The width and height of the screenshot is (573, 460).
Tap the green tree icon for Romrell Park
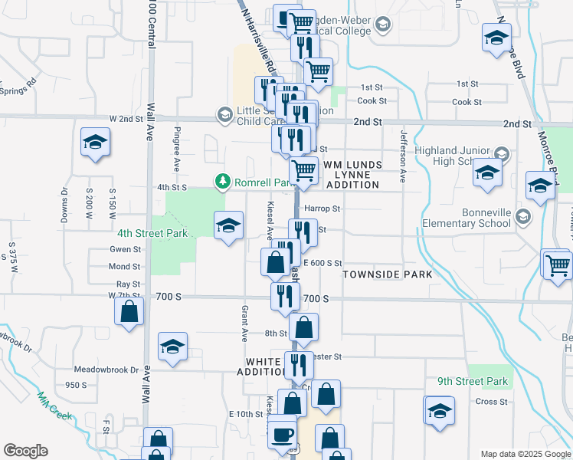[223, 181]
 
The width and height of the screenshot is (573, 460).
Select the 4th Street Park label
[152, 232]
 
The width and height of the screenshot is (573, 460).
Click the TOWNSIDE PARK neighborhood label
[388, 274]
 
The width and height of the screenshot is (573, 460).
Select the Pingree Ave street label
[176, 148]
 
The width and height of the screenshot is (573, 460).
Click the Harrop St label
[322, 208]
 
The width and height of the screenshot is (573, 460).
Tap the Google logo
[25, 451]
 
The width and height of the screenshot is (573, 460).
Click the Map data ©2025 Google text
[525, 454]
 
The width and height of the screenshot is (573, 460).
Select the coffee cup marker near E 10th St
[282, 433]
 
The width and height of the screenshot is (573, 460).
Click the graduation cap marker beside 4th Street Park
[228, 226]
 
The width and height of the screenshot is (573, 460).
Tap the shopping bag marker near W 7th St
[129, 311]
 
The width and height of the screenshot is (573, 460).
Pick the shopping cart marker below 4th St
[304, 170]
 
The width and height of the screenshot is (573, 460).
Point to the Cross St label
[492, 402]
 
